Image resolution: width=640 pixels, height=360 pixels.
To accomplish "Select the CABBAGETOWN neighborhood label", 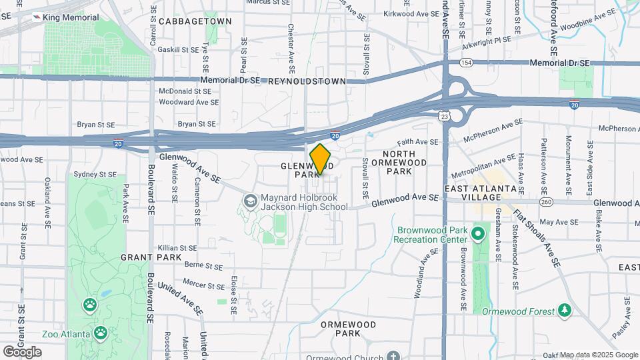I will tap(195, 21).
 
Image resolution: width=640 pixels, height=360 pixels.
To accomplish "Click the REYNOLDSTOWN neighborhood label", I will tap(307, 81).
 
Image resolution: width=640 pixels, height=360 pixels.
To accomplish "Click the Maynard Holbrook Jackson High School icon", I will tap(250, 201).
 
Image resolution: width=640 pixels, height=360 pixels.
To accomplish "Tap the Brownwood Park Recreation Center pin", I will tap(477, 234).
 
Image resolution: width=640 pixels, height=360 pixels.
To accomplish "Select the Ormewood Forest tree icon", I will tap(565, 310).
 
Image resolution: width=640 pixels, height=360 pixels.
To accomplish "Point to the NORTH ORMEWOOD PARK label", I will tap(400, 167).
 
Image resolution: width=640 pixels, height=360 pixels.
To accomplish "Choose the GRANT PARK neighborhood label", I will tap(142, 257).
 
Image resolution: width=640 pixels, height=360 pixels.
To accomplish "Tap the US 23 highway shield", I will tap(445, 116).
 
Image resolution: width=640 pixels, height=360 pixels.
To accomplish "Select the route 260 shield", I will tap(547, 203).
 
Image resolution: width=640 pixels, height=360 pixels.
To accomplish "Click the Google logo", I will tap(22, 351).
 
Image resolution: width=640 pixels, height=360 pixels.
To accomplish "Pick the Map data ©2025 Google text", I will tap(599, 355).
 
